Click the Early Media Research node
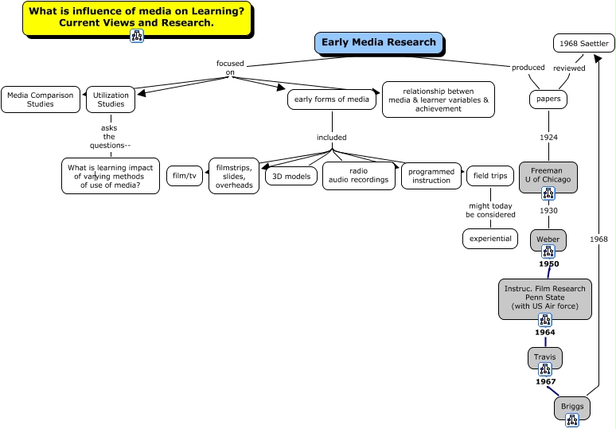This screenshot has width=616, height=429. pos(378,43)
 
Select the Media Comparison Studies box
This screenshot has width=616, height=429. pos(40,99)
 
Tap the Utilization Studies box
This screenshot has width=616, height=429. pos(111,99)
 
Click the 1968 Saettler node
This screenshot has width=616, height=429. pos(583,43)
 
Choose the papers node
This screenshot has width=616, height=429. pos(548,99)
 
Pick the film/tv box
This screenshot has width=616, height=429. pos(185,175)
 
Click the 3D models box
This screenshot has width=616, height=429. pos(290,176)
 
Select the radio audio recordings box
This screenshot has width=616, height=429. pos(358,175)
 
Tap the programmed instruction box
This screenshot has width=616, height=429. pos(431,175)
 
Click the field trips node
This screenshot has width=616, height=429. pos(491,175)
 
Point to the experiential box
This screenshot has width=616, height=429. pos(489,238)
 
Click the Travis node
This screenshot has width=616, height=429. pos(545,357)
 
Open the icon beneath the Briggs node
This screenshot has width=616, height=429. pos(572,420)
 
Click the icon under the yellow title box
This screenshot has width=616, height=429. pos(136,35)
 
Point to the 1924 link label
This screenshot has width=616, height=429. pos(548,138)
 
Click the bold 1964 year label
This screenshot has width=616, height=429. pos(545,333)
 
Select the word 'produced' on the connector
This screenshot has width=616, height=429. pos(528,68)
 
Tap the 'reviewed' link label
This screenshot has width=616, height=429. pos(569,68)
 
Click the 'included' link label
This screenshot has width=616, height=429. pos(332,137)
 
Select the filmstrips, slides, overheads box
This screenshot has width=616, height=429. pos(234,175)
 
